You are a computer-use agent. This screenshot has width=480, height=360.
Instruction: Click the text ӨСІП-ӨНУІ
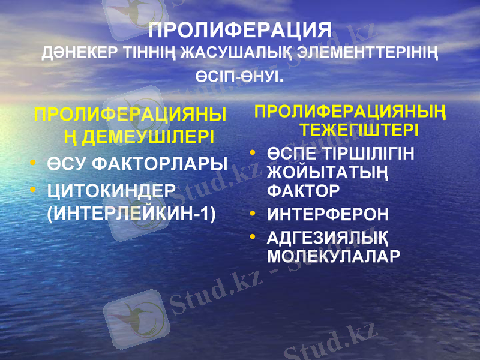(x=239, y=79)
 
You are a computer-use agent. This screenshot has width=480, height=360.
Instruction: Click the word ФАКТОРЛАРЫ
(x=158, y=164)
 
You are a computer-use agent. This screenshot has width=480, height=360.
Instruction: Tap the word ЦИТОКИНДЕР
(x=111, y=190)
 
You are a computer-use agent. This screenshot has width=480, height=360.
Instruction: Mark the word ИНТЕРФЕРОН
(x=328, y=214)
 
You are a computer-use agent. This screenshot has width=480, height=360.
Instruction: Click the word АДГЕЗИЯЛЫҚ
(x=328, y=238)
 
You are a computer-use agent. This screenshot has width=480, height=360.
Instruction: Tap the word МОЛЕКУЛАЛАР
(x=333, y=256)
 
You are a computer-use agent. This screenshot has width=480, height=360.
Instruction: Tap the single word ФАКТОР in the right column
(x=303, y=191)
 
